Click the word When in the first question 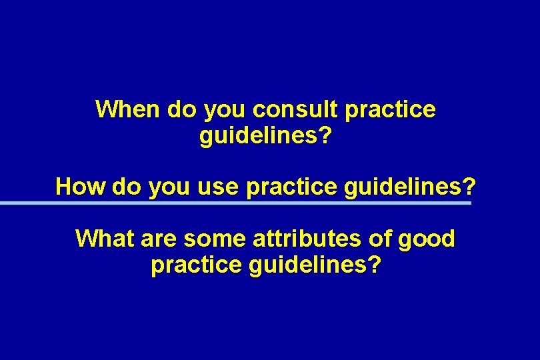(x=128, y=109)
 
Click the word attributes (x=301, y=239)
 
